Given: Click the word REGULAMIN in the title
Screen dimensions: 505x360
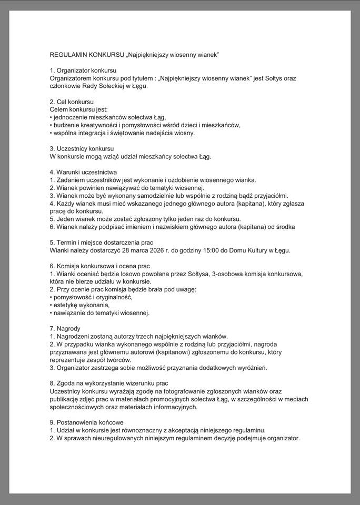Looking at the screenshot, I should coord(69,55).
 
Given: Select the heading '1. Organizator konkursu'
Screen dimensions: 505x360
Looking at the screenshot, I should coord(83,70).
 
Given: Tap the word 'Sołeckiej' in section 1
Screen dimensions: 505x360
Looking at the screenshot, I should coord(112,86).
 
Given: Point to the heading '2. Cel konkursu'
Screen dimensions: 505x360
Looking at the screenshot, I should coord(72,102).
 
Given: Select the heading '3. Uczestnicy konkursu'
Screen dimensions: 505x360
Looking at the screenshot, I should coord(82,148).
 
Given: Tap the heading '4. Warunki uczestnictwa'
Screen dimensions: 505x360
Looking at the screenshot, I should coord(83,172).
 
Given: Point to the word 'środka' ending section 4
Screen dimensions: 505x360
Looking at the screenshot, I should coord(284,227).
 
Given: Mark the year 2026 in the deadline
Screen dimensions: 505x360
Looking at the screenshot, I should coord(159,250).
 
